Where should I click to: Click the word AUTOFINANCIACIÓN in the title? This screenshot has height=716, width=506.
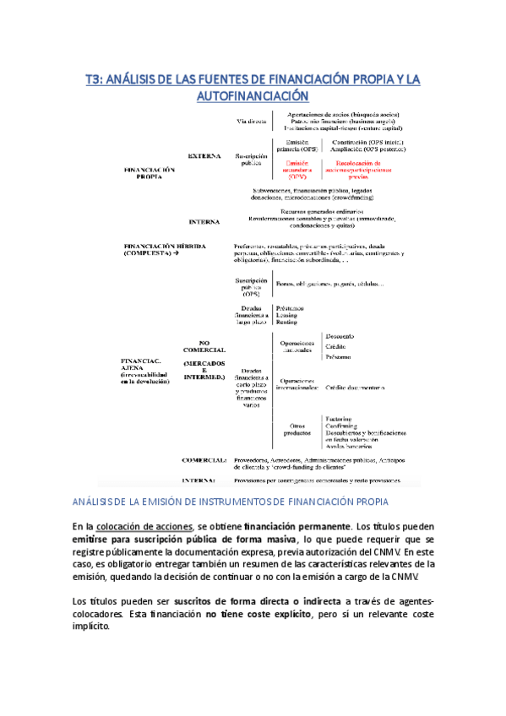tap(253, 97)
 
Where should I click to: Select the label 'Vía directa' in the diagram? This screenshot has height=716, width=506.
tap(252, 121)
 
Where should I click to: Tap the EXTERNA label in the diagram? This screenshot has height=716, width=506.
tap(204, 156)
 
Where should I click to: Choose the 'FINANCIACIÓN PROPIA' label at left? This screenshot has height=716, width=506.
tap(150, 173)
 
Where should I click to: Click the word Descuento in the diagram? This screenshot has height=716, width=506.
tap(340, 337)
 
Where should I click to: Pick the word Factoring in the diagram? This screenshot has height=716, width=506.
tap(340, 418)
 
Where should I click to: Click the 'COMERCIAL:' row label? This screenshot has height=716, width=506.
tap(205, 460)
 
